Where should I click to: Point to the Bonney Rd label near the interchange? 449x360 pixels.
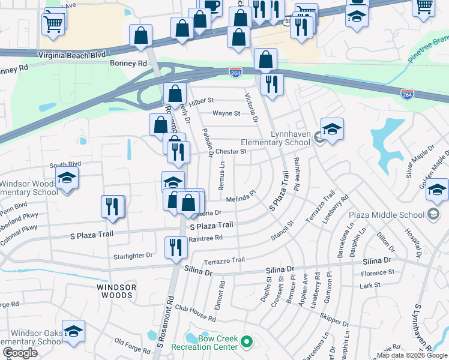(128, 63)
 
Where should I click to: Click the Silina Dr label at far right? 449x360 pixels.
(377, 261)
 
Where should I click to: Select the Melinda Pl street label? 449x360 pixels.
(241, 197)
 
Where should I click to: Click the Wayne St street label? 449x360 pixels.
(226, 113)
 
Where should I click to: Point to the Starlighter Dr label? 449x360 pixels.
(133, 256)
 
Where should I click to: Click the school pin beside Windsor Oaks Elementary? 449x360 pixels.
(73, 332)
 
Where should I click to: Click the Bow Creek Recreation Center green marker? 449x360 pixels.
(246, 343)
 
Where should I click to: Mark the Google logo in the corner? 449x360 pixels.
(20, 353)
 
